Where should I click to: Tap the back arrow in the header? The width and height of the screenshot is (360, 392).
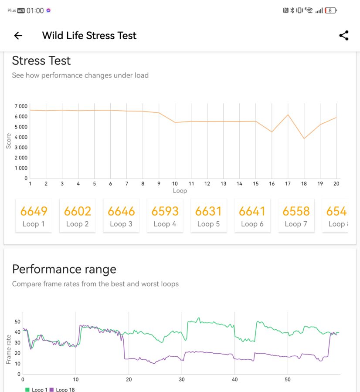tap(18, 36)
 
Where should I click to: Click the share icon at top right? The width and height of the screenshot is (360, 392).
tap(344, 36)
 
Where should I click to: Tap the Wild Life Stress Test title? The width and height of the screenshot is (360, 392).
tap(89, 36)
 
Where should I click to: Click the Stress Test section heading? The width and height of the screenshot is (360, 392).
tap(41, 61)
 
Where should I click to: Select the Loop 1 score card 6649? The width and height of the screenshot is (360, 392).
tap(34, 216)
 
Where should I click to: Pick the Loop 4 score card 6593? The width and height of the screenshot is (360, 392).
tap(165, 216)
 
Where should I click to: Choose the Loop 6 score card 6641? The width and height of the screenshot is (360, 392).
tap(252, 216)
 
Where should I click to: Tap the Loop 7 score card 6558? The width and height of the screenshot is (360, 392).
tap(296, 216)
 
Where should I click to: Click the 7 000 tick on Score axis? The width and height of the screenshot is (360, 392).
tap(20, 106)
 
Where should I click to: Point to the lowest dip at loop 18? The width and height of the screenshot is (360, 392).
tap(304, 139)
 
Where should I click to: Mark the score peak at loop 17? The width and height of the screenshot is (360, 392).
tap(288, 115)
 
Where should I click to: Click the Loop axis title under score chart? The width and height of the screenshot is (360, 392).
tap(180, 191)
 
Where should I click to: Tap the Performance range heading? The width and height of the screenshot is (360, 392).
tap(64, 269)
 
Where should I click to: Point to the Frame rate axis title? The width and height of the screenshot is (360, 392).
tap(8, 349)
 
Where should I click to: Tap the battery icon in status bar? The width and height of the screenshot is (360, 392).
tap(331, 10)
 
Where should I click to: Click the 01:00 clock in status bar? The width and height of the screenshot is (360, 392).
tap(35, 10)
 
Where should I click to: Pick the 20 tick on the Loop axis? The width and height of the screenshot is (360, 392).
tap(336, 184)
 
